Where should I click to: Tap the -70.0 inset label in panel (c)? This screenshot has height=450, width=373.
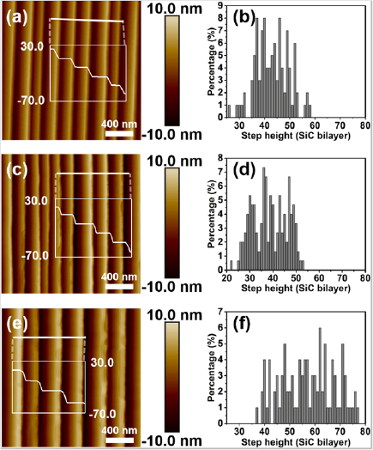point(33,255)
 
